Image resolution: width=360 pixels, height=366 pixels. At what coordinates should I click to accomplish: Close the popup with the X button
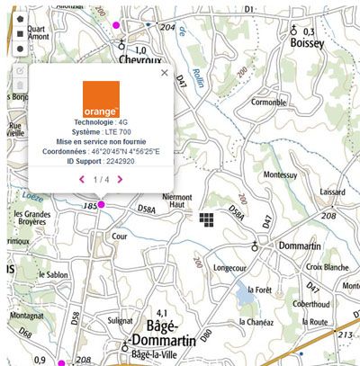[x=164, y=73]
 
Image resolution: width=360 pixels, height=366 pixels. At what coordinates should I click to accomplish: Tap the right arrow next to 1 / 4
[x=120, y=179]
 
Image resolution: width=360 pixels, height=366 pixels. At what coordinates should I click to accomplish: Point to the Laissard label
[x=331, y=192]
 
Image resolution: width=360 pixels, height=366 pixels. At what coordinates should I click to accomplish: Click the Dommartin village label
[x=288, y=246]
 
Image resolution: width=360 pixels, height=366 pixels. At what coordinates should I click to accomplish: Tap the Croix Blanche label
[x=328, y=267]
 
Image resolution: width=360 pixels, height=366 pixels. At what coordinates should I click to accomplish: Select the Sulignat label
[x=120, y=319]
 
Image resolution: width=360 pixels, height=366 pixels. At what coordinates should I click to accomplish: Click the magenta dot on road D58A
[x=101, y=205]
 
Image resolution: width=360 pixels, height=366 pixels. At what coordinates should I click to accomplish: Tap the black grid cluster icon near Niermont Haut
[x=207, y=219]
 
